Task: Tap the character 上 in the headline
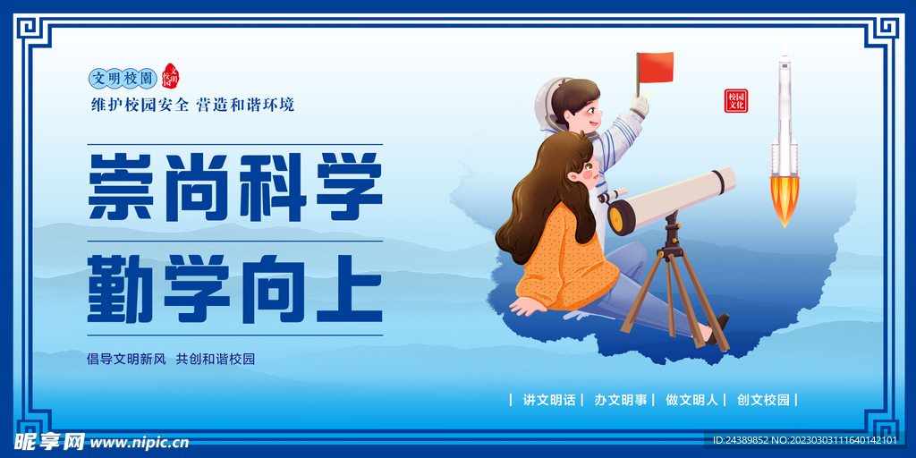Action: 351,289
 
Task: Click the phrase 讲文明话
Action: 549,400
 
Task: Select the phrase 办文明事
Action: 621,400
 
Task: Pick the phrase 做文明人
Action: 692,400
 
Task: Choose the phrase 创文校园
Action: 763,400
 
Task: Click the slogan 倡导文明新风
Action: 126,359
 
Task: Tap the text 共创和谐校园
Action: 216,359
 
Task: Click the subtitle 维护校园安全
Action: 140,105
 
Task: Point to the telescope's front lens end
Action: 620,216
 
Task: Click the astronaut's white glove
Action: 639,106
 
